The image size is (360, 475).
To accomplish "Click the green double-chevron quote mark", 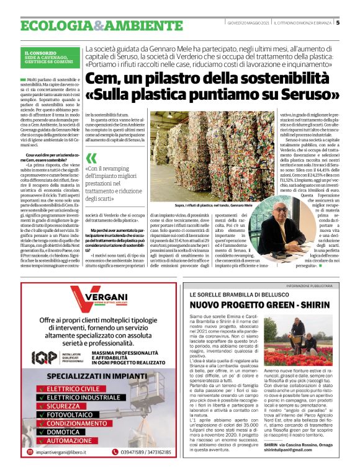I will point(92,158).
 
